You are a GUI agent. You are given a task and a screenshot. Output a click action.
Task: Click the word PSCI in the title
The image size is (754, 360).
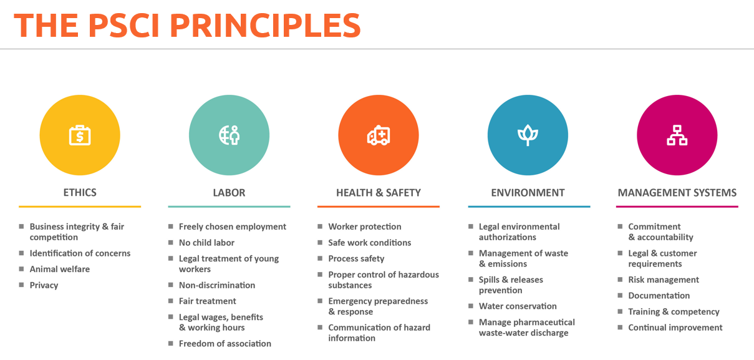(123, 26)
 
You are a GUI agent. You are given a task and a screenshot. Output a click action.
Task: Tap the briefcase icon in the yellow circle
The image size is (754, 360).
(80, 135)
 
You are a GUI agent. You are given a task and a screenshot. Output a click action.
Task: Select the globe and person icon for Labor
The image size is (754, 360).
(230, 135)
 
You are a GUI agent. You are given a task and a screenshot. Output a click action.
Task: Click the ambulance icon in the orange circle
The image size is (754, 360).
(379, 135)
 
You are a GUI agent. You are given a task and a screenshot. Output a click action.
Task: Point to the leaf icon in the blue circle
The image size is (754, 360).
(528, 135)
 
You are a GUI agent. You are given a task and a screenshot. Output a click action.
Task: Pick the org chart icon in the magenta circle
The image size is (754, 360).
(677, 135)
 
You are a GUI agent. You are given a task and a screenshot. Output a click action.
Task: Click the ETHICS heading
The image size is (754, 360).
(80, 193)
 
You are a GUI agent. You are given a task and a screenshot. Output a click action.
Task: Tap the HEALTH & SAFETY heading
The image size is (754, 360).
(379, 193)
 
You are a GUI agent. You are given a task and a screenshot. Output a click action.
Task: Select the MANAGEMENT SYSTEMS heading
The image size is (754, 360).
(677, 193)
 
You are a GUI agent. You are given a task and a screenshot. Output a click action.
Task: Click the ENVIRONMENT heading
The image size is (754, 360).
(528, 193)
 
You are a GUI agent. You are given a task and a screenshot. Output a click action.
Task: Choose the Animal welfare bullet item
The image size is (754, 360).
(60, 269)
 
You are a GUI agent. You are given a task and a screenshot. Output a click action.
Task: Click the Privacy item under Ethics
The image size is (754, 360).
(44, 285)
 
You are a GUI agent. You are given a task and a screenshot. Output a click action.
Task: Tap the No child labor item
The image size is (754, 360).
(206, 243)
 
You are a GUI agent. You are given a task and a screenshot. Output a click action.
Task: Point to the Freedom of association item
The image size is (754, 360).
(225, 344)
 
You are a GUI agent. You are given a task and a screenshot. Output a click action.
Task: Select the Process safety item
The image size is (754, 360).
(356, 259)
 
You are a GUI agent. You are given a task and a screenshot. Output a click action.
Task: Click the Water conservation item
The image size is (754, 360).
(518, 306)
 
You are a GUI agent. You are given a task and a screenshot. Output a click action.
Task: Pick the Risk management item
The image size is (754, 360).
(664, 280)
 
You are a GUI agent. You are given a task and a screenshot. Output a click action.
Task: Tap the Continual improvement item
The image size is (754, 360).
(675, 328)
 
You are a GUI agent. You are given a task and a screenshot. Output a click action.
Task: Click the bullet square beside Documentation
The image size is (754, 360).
(620, 295)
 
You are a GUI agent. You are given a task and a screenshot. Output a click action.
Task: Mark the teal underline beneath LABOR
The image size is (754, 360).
(229, 207)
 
